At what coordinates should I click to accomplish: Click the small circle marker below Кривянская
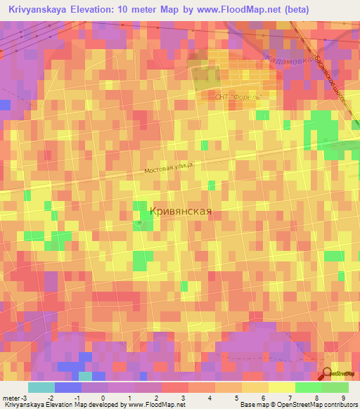[x=139, y=223]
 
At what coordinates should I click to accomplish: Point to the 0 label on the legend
[x=103, y=398]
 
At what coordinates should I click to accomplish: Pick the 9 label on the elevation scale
[x=343, y=398]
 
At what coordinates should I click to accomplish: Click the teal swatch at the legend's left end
[x=41, y=387]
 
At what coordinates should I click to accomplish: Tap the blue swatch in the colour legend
[x=67, y=387]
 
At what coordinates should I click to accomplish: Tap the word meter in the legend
[x=10, y=398]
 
